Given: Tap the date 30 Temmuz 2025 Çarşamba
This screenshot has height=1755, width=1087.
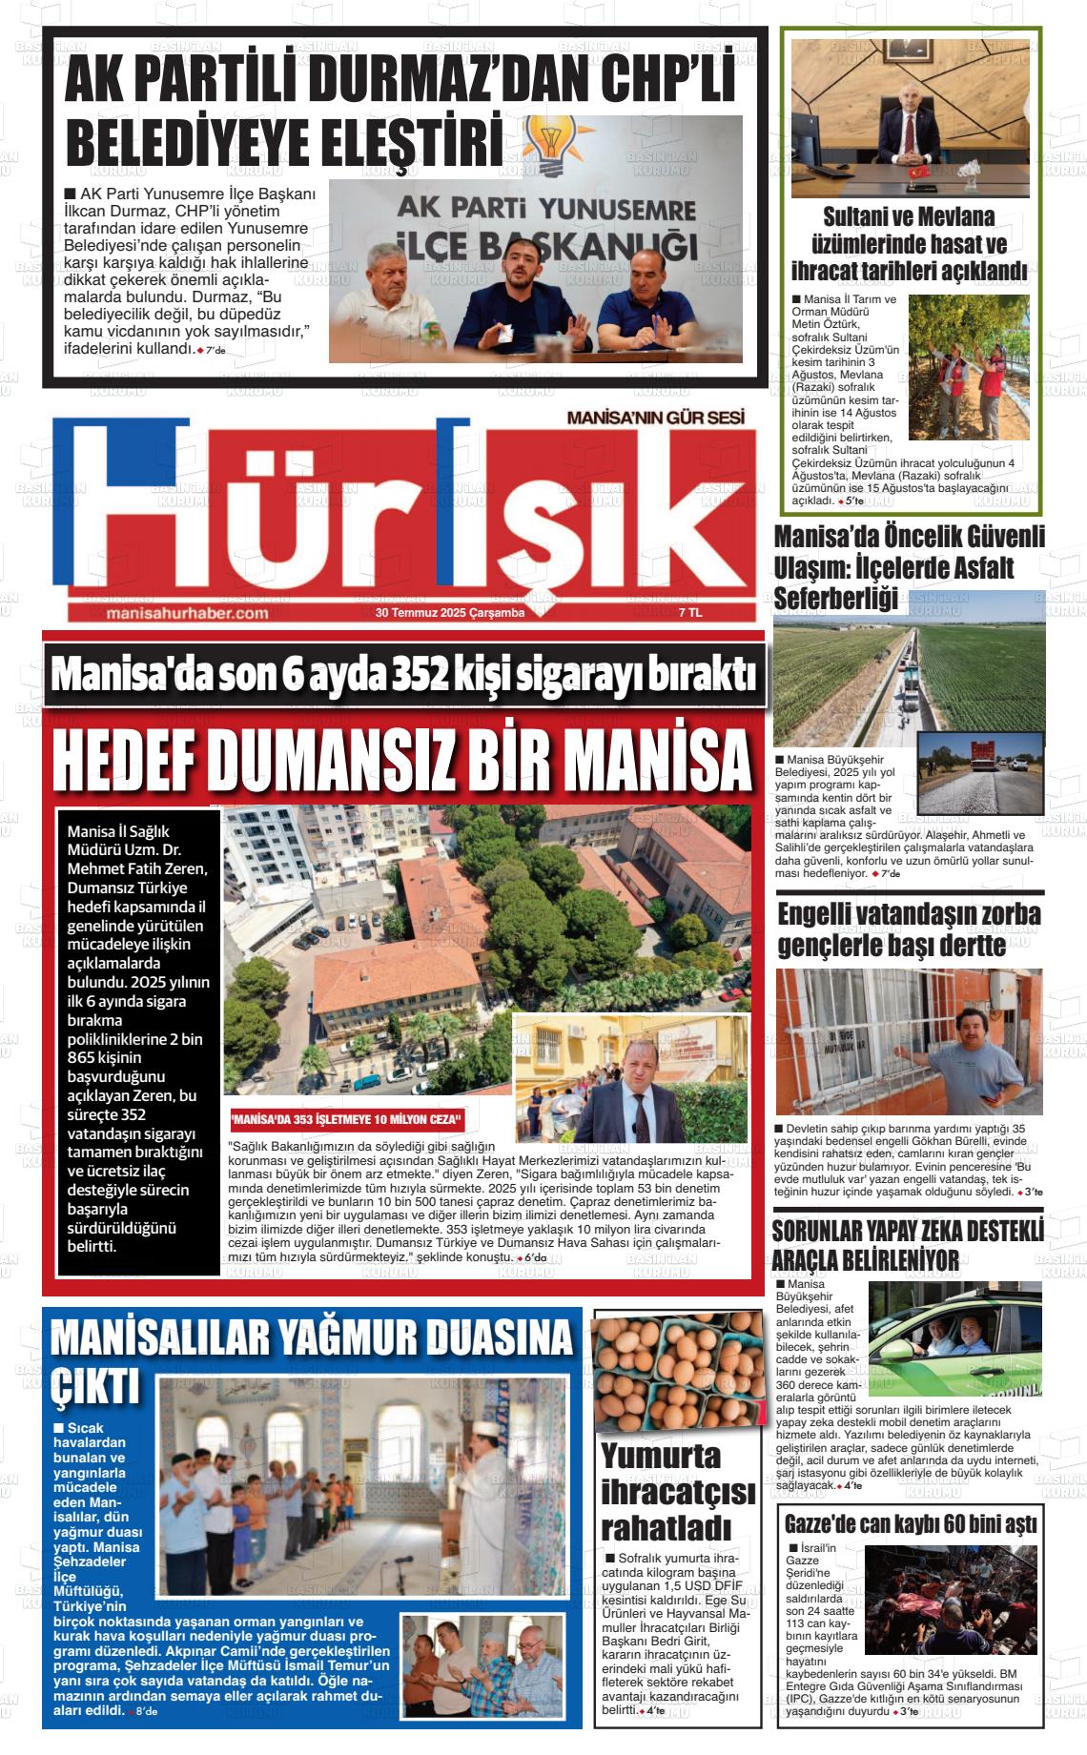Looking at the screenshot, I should point(450,613).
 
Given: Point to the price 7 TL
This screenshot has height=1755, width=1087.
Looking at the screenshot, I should point(689,613).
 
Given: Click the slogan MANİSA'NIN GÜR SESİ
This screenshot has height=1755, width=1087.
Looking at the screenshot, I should point(654,418).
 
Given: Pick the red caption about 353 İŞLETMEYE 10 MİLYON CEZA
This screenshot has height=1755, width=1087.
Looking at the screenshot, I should point(348,1119).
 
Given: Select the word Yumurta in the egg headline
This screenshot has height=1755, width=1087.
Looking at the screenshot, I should point(661,1456).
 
